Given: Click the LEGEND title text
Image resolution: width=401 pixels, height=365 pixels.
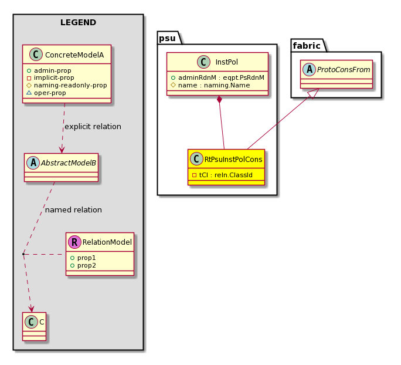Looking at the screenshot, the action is [78, 22].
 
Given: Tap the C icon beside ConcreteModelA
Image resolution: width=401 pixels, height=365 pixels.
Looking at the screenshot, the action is [36, 55].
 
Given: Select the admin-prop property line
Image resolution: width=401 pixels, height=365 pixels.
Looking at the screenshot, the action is [49, 70].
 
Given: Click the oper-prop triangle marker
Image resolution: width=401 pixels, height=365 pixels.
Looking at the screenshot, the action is [29, 93].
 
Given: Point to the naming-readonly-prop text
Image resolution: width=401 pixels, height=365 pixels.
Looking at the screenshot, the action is [70, 85].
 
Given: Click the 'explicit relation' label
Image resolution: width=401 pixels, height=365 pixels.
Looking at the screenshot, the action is [93, 126].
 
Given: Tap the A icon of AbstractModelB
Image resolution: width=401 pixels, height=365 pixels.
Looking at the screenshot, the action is [33, 163].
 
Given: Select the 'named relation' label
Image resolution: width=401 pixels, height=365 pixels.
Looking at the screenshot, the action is [73, 210].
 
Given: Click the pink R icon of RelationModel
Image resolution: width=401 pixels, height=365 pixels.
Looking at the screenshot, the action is [74, 242].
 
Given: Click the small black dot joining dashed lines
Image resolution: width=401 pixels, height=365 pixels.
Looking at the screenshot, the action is [23, 254].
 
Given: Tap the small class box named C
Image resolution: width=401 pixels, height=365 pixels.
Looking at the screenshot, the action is [34, 326].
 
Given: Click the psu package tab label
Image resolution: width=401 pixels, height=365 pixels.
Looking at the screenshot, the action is [167, 38].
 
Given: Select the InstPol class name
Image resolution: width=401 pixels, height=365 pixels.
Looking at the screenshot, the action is [226, 62].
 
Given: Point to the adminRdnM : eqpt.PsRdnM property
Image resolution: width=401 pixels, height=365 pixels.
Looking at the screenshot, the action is [218, 77].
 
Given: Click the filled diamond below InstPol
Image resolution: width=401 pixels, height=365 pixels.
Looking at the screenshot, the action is [219, 100].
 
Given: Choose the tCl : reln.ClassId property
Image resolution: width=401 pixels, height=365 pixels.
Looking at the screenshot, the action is [222, 175].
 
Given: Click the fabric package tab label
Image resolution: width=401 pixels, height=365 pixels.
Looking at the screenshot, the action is [307, 46].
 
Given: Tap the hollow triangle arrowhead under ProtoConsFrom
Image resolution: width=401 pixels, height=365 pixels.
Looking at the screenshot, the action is [314, 93].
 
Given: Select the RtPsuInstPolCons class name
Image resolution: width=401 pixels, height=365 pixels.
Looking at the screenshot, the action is [233, 160].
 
